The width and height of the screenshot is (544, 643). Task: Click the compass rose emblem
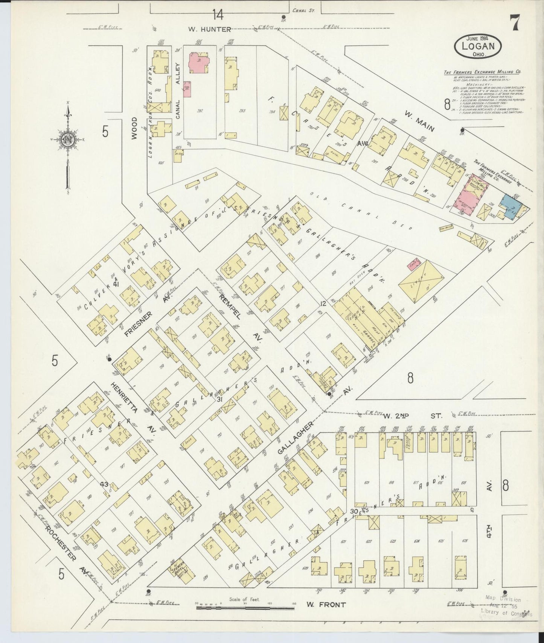[67, 139]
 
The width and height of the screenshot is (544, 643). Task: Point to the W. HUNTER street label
[210, 29]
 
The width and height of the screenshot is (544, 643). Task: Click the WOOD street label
[134, 128]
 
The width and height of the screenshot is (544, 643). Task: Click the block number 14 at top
[217, 15]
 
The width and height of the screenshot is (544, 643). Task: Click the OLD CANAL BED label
[361, 211]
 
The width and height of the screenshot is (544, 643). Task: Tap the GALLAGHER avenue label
[296, 438]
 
